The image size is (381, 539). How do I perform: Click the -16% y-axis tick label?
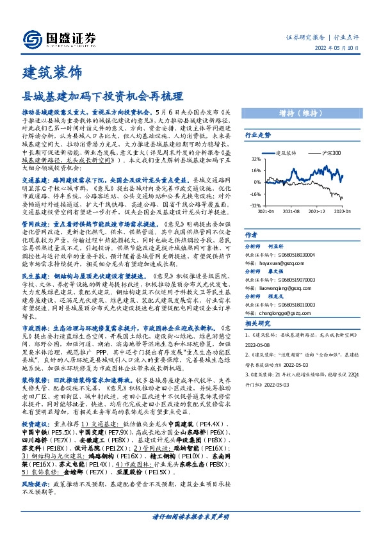254,193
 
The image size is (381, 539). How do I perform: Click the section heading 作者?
252,235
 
